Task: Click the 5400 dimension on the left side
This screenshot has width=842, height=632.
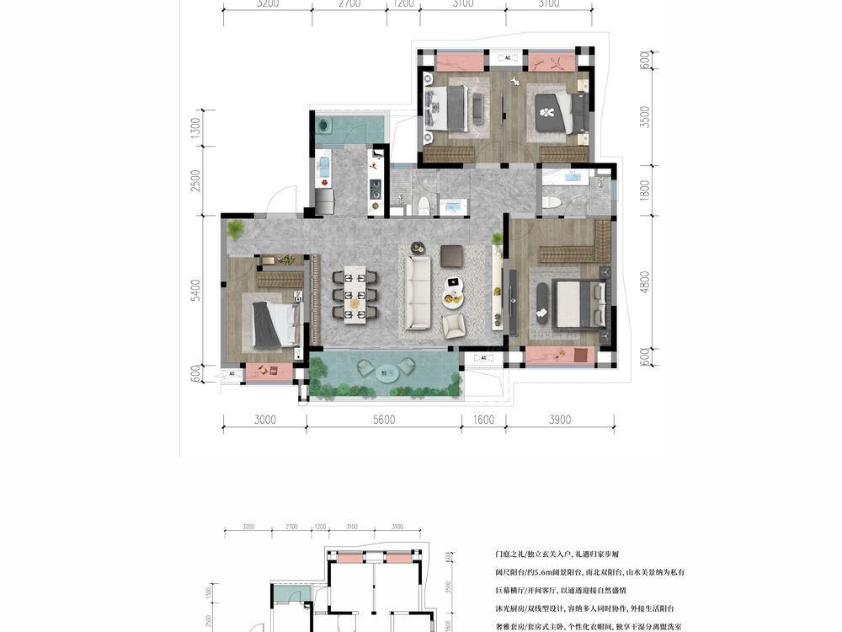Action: [x=195, y=291]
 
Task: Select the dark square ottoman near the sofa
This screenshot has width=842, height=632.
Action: [x=452, y=254]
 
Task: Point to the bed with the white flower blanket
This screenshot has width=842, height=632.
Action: [x=555, y=112]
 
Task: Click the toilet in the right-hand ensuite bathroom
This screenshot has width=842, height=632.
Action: [x=552, y=202]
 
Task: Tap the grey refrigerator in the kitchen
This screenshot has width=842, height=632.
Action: [x=324, y=201]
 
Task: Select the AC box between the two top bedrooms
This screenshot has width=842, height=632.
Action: [x=507, y=58]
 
